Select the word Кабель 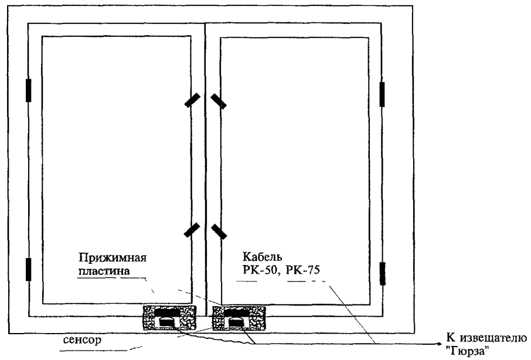pyautogui.click(x=257, y=257)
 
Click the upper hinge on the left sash pyautogui.click(x=28, y=91)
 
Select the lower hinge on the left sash pyautogui.click(x=28, y=269)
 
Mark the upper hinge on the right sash pyautogui.click(x=383, y=94)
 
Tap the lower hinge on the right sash pyautogui.click(x=383, y=273)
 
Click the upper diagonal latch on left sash pyautogui.click(x=191, y=101)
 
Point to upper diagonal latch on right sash pyautogui.click(x=220, y=101)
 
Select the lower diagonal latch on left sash pyautogui.click(x=191, y=230)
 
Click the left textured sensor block pyautogui.click(x=168, y=317)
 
